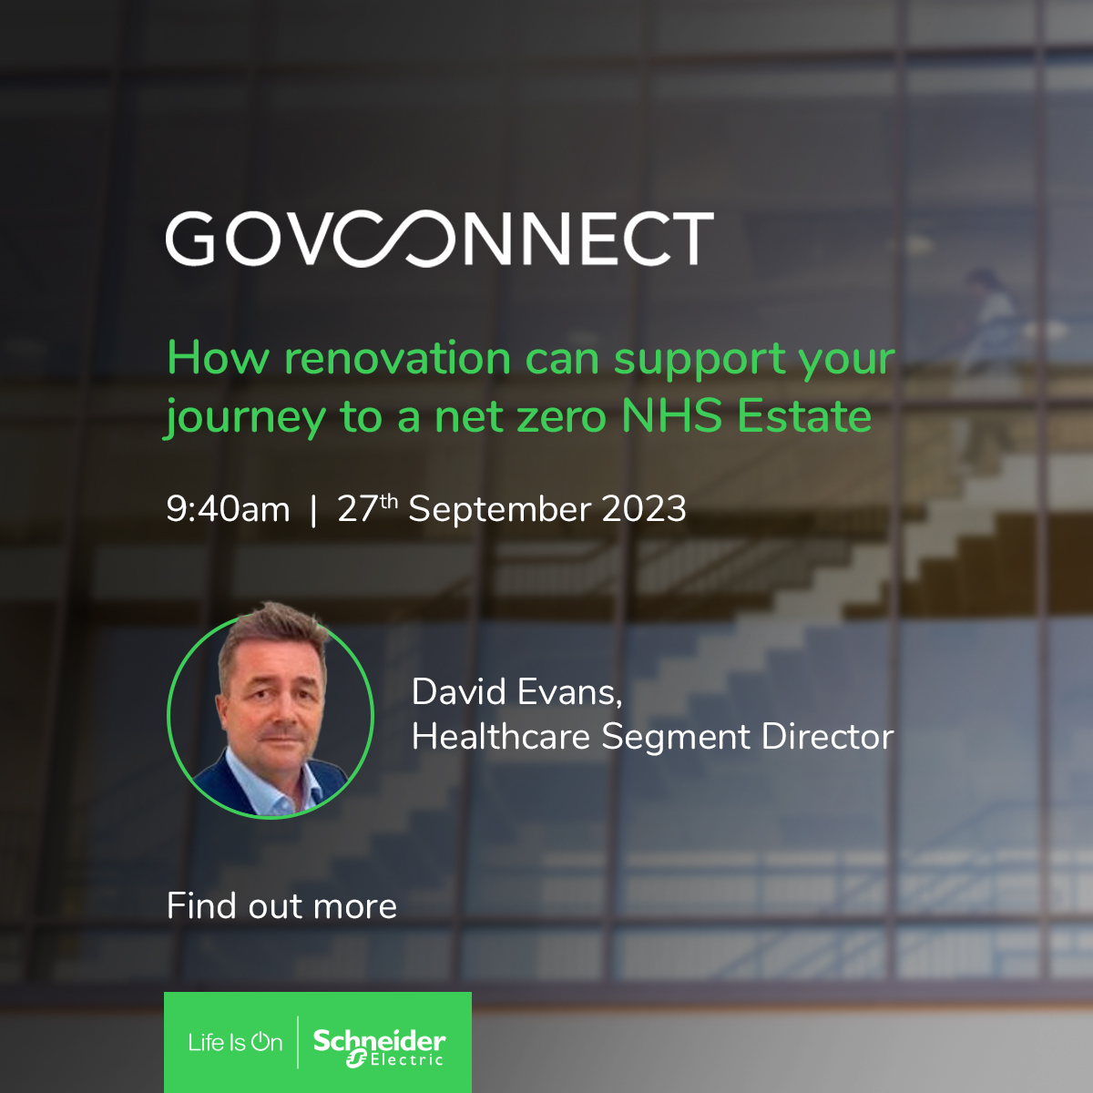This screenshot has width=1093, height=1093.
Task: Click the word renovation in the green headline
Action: pos(397,358)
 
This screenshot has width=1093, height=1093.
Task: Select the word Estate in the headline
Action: pos(804,416)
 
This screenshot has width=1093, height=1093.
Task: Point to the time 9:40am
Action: pos(228,509)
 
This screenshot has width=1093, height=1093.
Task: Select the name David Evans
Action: pos(516,692)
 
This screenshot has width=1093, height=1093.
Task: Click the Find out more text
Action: pos(281,906)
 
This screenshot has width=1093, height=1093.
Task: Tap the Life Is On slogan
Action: pos(235,1042)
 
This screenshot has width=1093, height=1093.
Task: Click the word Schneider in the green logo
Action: pos(379,1039)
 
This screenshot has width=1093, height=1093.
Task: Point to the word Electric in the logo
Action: pos(406,1061)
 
